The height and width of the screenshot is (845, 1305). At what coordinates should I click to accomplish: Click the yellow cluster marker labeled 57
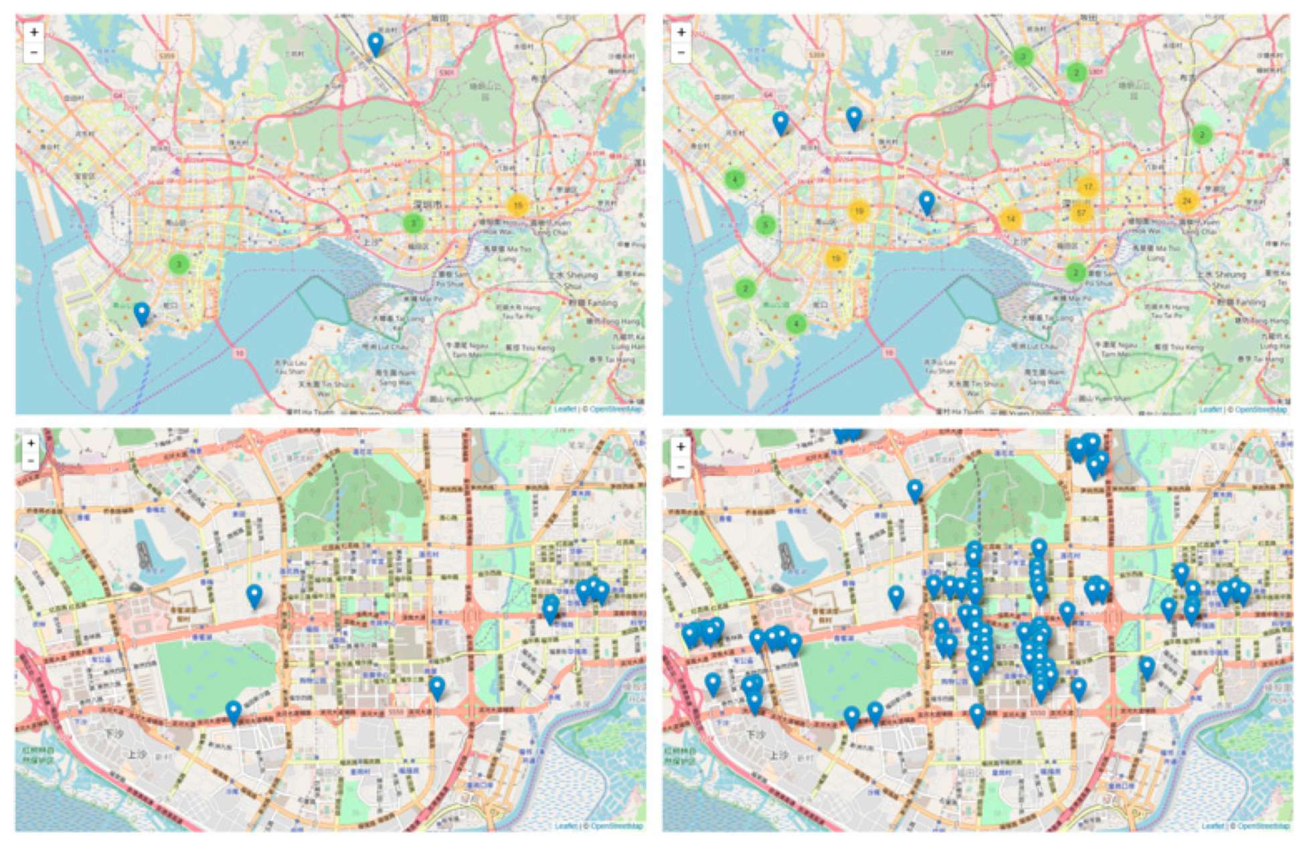coord(1080,213)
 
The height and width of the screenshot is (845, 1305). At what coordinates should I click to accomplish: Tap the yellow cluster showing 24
coord(1187,200)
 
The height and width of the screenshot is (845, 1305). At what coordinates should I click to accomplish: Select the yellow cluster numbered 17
coord(1087,187)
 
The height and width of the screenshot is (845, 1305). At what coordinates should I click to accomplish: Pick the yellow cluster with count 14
coord(1010,218)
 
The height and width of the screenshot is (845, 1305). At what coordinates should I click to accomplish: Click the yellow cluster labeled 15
coord(517,205)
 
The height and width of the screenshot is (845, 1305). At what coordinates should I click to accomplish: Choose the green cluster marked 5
coord(766,225)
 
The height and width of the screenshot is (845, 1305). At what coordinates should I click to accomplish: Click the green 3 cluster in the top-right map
coord(1022,56)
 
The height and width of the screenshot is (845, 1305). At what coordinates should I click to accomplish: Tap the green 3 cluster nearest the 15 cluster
coord(413,223)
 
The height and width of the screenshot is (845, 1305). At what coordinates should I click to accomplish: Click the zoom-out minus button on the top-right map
coord(681,52)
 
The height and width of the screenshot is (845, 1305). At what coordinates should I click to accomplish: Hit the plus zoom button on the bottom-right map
coord(681,447)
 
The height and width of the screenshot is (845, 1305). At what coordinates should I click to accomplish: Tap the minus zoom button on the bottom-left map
coord(31,461)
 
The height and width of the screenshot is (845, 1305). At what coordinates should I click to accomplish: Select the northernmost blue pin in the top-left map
coord(376,44)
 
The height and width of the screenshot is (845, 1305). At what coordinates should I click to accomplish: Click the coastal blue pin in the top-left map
coord(141,312)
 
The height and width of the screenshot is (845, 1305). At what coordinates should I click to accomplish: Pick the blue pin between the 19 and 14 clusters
coord(926,201)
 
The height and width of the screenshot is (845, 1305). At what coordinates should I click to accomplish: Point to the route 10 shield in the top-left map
coord(240,353)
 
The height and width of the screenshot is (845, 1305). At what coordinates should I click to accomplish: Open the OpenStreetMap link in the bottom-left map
coord(616,826)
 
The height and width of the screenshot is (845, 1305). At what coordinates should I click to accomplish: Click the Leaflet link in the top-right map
coord(1210,409)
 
